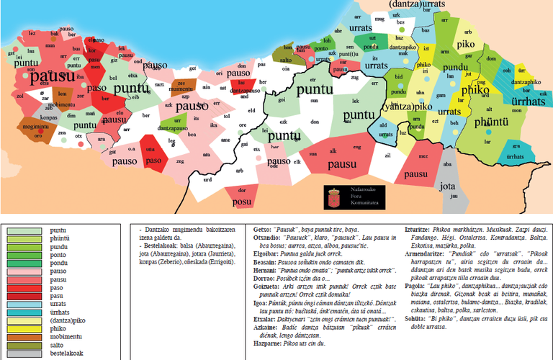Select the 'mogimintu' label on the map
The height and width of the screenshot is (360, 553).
point(37,126)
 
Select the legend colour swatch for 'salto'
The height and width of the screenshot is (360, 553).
point(23,343)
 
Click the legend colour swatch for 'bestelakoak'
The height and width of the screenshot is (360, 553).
point(23,353)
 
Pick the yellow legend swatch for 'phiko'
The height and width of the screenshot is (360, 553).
point(23,326)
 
